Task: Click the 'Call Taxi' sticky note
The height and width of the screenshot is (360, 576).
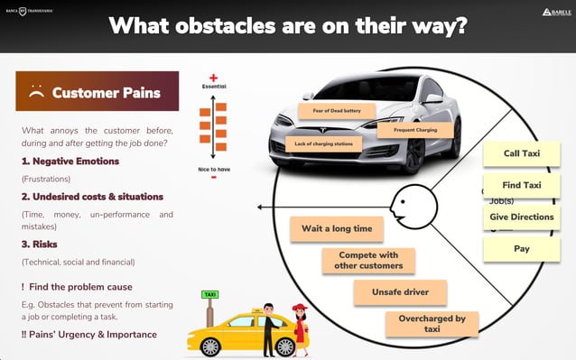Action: click(522, 153)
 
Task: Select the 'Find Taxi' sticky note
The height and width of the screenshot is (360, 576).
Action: click(522, 185)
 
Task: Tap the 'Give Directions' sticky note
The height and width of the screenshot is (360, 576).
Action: click(522, 217)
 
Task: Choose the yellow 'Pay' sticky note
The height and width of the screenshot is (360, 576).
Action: click(522, 248)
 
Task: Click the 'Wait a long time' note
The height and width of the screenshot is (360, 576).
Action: click(337, 228)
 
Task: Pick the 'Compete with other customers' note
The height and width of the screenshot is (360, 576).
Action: click(370, 260)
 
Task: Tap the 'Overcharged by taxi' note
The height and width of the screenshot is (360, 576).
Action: click(432, 323)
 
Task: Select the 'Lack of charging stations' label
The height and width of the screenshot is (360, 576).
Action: click(322, 143)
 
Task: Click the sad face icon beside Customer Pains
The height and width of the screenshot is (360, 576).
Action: click(37, 91)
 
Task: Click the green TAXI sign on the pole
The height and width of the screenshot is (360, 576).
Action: click(209, 294)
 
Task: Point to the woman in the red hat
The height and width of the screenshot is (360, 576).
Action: click(300, 329)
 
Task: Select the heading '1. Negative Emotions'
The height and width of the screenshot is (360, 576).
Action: click(70, 161)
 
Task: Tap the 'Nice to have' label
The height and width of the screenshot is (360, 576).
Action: click(214, 169)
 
